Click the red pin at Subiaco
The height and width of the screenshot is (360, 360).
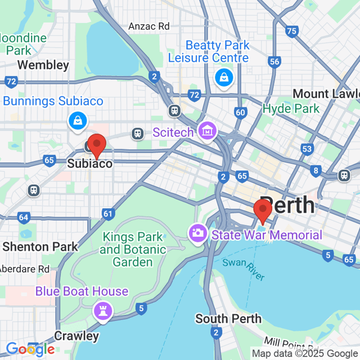97,146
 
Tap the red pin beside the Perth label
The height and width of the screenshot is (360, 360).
263,211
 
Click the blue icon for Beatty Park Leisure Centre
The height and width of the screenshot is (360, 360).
224,78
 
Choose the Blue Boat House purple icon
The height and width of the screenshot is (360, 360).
103,309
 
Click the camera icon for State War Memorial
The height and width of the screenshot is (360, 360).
198,231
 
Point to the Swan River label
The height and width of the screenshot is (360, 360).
244,269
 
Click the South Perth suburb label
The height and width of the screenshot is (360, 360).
228,319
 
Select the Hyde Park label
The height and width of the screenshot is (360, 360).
291,109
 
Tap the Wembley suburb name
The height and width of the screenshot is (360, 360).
43,65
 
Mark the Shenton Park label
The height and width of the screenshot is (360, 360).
40,246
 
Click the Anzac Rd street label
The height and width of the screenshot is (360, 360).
148,26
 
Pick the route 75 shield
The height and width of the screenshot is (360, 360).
291,31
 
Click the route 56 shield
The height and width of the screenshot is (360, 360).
274,62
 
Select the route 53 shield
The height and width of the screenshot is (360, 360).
307,148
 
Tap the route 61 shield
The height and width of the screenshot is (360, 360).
109,214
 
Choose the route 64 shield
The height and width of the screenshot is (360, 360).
23,217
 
